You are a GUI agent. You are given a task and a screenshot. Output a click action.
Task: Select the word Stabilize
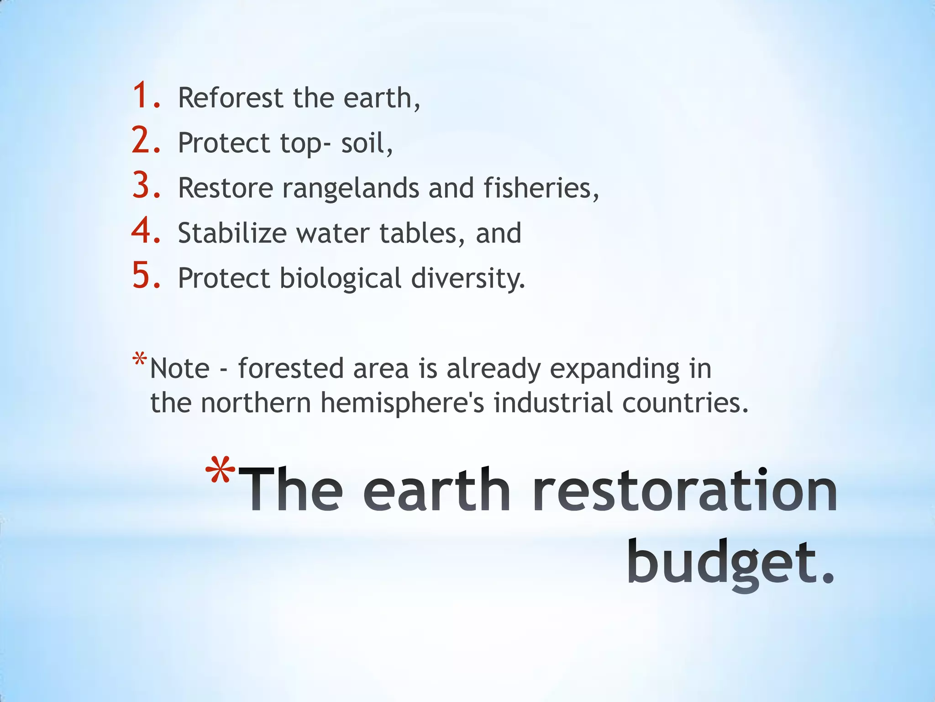(232, 233)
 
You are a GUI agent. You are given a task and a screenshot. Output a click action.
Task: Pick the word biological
(340, 279)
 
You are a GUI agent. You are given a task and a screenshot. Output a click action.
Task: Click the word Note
(180, 368)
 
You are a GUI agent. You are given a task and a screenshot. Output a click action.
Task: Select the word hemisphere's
(402, 403)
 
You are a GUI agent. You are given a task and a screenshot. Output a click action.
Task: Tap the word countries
(681, 403)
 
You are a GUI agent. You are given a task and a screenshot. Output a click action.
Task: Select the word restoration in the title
(685, 490)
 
